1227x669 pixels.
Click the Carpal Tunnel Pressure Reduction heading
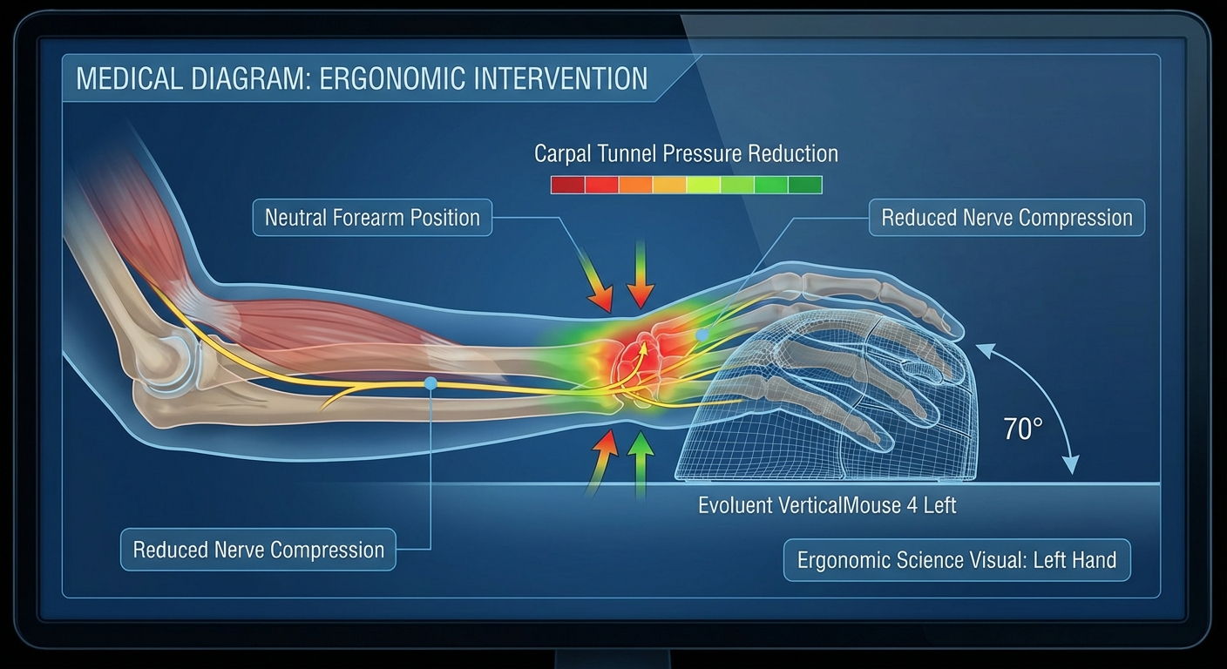pos(686,154)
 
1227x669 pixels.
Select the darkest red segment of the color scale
pos(567,185)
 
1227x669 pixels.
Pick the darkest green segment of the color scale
pos(804,185)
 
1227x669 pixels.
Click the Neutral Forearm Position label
pos(372,217)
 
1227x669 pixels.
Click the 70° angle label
pos(1022,429)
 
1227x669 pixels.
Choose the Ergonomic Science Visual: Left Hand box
pos(957,560)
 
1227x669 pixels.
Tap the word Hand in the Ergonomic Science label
pos(1095,560)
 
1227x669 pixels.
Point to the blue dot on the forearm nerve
pos(430,382)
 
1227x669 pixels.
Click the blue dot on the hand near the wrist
pos(702,334)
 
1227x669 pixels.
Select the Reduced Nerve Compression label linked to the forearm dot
pos(258,550)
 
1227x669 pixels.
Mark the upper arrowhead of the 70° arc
pos(982,348)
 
